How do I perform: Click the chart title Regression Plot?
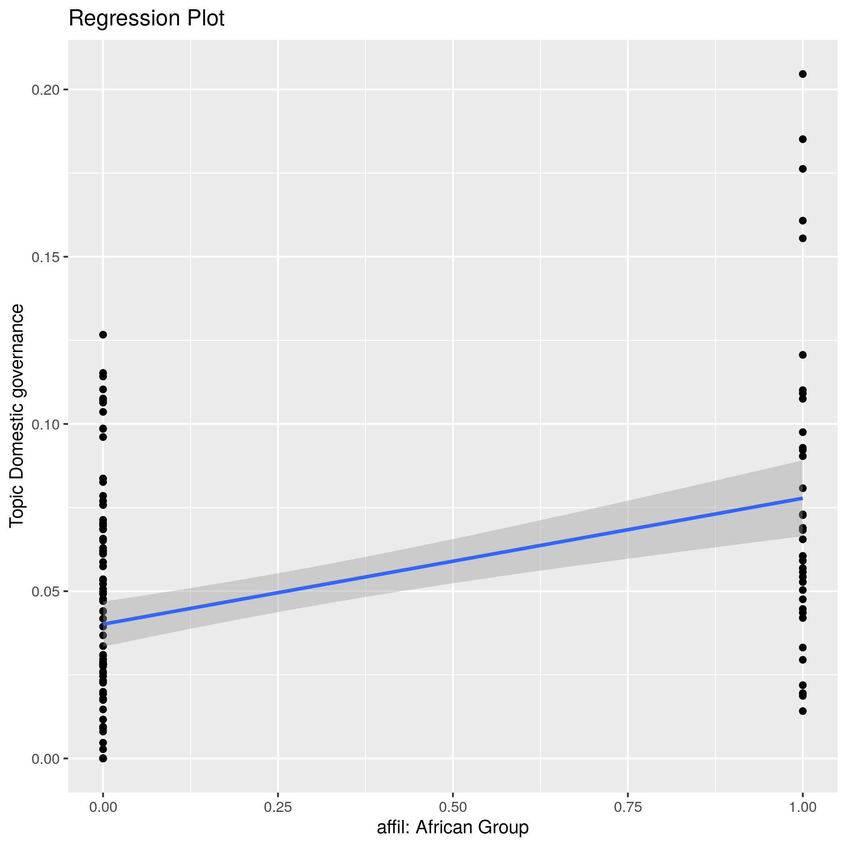coord(146,19)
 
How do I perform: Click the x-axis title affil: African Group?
coord(453,827)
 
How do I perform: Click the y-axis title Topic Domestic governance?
coord(17,415)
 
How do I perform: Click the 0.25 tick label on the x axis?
coord(278,807)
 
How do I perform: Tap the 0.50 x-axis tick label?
coord(453,807)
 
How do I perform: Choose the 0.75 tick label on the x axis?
coord(628,807)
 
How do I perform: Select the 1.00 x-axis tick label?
coord(802,807)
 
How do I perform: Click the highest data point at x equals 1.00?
coord(803,74)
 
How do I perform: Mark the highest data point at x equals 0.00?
coord(103,335)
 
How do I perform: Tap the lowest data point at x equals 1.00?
coord(803,711)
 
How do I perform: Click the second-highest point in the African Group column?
coord(803,140)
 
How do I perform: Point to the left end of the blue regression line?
coord(104,624)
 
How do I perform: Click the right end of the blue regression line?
coord(802,499)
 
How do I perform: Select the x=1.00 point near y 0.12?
coord(803,355)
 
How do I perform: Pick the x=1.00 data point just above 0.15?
coord(803,238)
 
